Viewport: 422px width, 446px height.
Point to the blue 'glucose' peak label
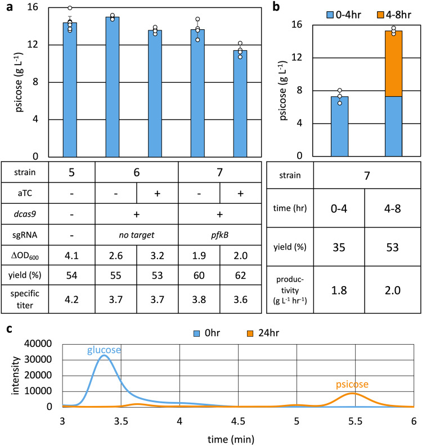tap(104, 350)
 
